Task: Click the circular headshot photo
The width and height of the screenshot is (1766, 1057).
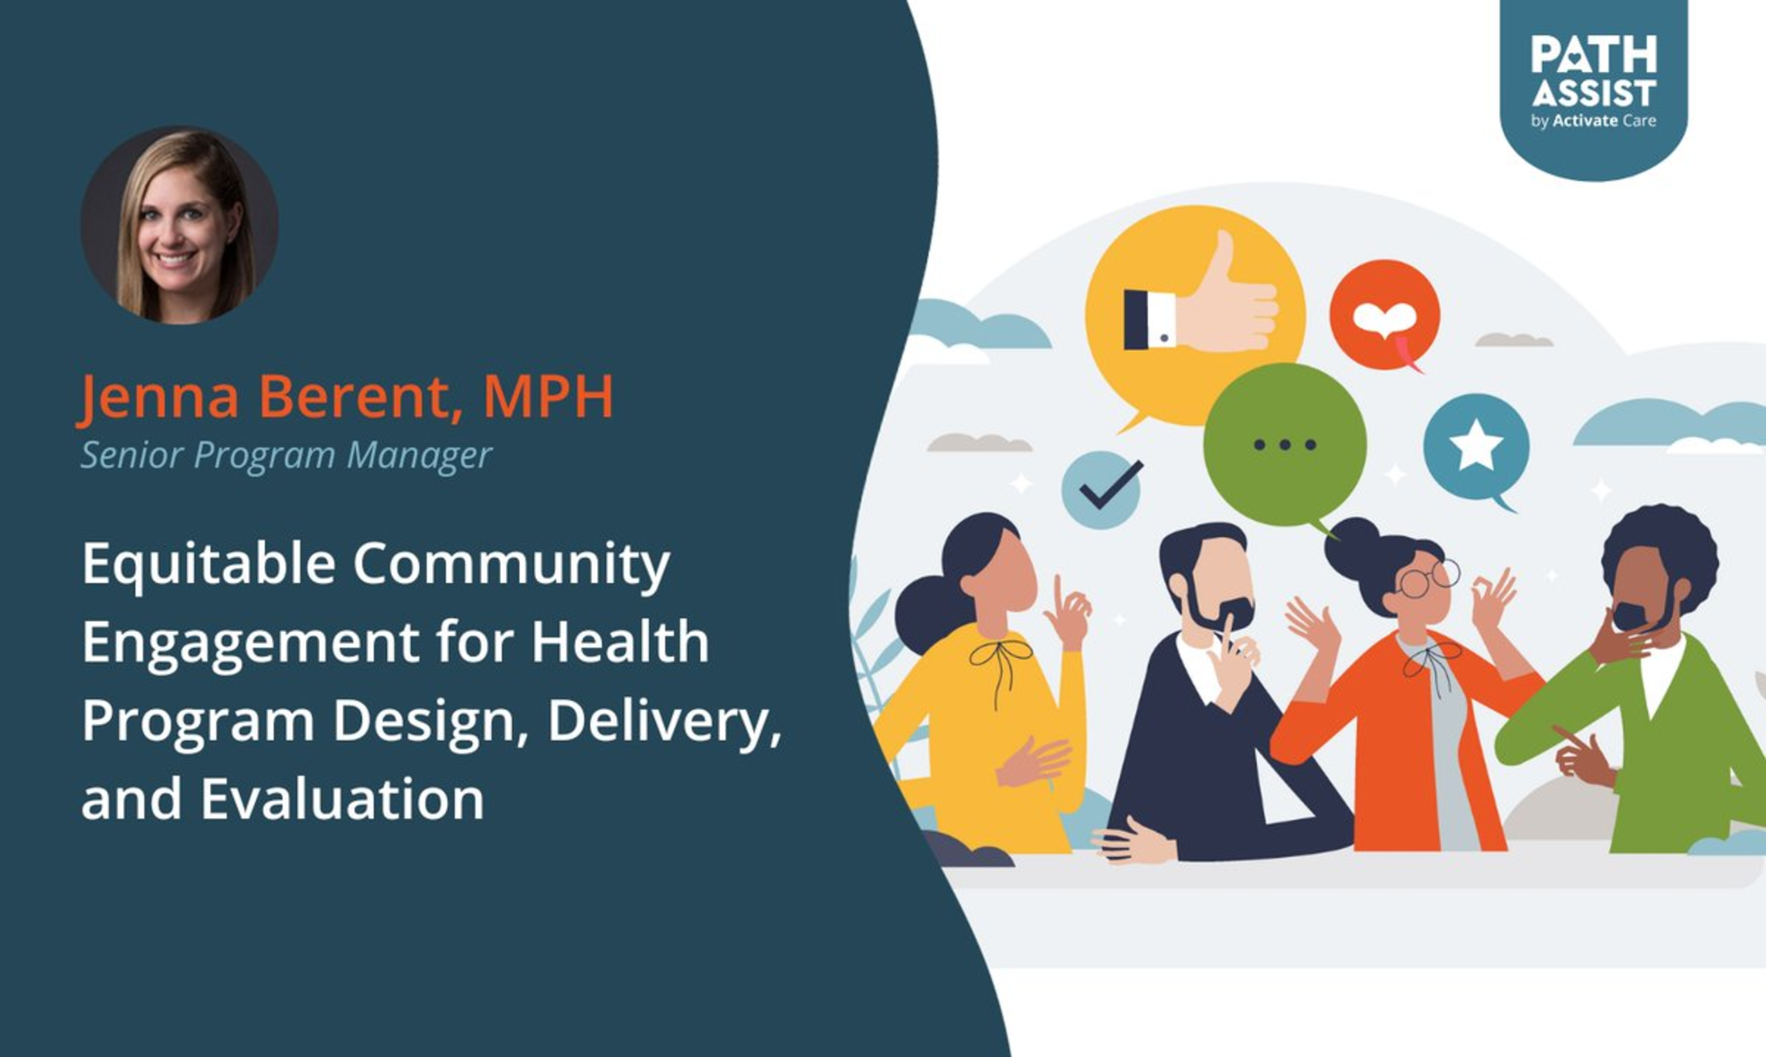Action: click(179, 225)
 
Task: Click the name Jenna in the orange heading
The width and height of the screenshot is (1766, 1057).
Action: click(158, 396)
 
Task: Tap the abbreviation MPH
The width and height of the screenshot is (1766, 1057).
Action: click(548, 396)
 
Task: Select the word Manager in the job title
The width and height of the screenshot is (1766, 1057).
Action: click(419, 455)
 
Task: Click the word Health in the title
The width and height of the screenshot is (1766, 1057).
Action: click(620, 641)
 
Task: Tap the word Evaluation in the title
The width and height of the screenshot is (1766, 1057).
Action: click(342, 799)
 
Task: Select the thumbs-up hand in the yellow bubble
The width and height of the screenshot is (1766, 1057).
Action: click(1201, 301)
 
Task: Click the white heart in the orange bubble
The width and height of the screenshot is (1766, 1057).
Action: click(1385, 318)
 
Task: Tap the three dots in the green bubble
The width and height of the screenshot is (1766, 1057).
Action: click(1285, 445)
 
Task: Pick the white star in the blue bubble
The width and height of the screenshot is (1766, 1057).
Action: click(1476, 445)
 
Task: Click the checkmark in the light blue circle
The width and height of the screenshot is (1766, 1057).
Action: click(1111, 484)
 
